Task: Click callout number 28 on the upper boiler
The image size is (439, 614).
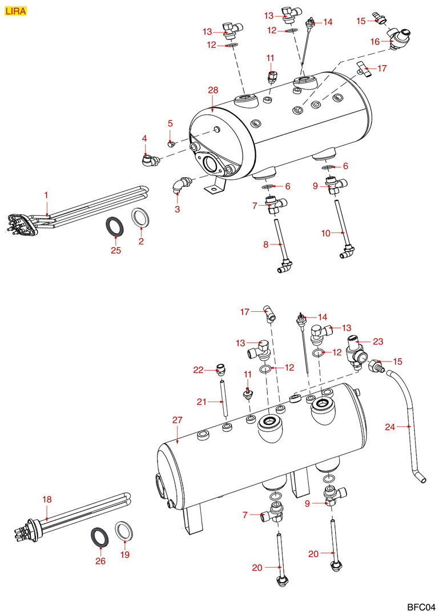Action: (213, 91)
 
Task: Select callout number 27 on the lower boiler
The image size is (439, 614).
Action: (177, 420)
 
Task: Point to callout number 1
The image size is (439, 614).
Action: (47, 195)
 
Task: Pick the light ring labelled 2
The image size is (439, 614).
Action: (140, 218)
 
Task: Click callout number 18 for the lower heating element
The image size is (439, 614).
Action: (47, 500)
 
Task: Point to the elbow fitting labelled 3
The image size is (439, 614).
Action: (179, 186)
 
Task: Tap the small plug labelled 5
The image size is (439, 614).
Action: (170, 143)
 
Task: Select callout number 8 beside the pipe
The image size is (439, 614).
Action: (265, 244)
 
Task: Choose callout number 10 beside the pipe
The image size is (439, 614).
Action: (325, 233)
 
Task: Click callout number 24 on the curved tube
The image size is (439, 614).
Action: (389, 426)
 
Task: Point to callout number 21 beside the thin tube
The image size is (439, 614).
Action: (200, 402)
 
